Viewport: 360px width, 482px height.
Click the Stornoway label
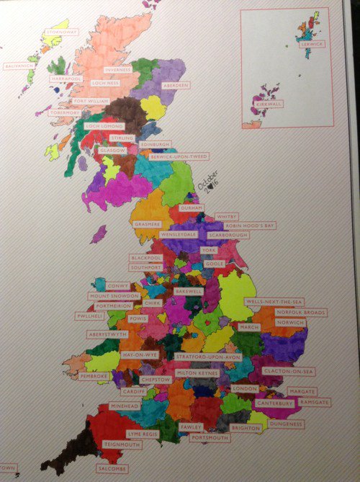pos(61,32)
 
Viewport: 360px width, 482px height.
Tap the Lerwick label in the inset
pos(314,44)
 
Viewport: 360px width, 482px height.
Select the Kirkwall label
pos(270,104)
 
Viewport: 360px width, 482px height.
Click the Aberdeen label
pos(176,85)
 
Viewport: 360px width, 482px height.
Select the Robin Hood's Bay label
pos(249,226)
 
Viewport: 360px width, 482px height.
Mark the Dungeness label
pos(285,424)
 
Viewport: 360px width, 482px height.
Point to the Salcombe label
pos(111,468)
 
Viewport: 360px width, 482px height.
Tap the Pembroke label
pos(94,376)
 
